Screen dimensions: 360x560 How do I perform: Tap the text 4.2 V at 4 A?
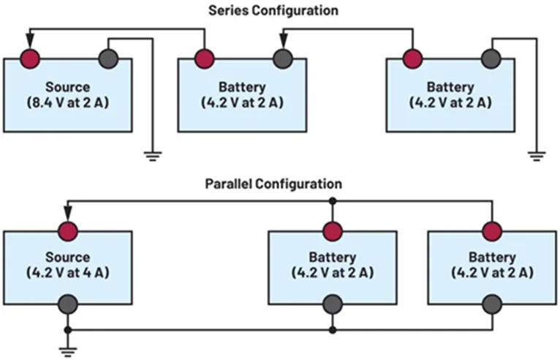click(x=68, y=271)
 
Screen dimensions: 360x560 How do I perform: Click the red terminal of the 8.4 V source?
click(x=30, y=57)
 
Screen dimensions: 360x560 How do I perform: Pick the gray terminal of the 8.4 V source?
click(x=108, y=57)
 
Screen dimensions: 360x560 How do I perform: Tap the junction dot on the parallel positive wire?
click(x=333, y=199)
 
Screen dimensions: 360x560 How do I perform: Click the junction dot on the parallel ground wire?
click(x=333, y=329)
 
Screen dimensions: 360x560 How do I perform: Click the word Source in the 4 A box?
click(x=68, y=258)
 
